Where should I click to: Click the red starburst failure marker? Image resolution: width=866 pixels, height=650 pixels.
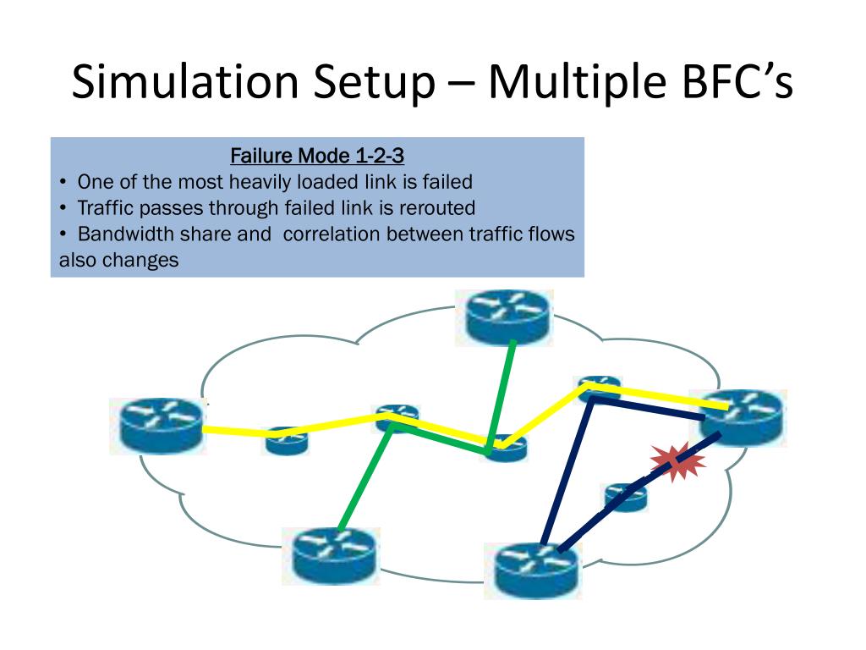click(677, 462)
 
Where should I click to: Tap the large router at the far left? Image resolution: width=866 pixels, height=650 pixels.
click(161, 425)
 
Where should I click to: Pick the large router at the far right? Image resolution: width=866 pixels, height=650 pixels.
click(741, 417)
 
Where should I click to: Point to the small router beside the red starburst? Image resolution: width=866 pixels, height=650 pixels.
click(626, 496)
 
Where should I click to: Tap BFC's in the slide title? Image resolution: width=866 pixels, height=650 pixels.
click(744, 82)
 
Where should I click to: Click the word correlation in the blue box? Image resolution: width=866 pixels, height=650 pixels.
click(332, 234)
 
